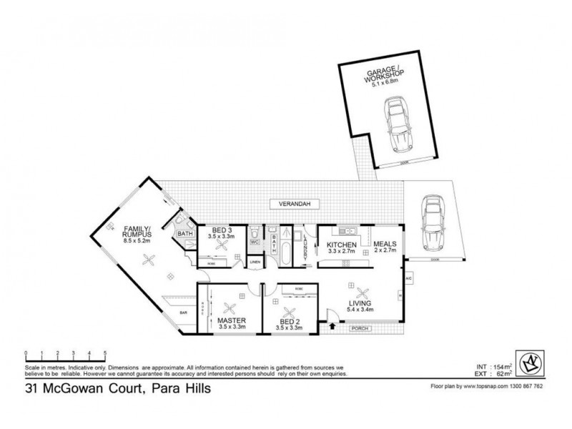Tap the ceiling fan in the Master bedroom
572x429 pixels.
[x=230, y=308]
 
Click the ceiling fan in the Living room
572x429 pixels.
[x=363, y=291]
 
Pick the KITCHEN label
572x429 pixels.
[x=342, y=245]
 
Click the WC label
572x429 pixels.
[x=255, y=242]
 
